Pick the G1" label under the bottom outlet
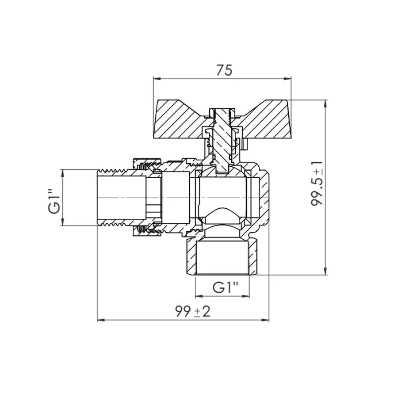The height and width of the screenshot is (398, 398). pos(225,287)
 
